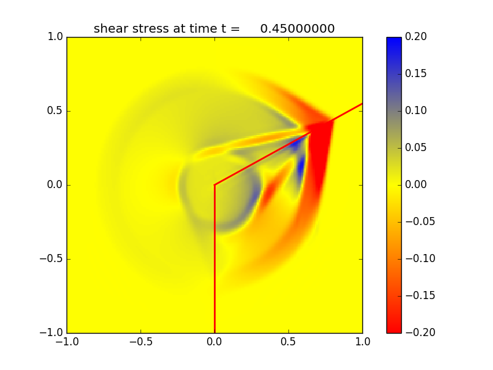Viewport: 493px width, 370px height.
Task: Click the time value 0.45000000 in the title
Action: point(297,29)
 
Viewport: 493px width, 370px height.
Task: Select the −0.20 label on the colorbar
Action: point(420,332)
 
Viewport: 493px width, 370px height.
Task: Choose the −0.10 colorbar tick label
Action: point(420,258)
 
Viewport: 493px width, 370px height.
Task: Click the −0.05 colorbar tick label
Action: point(420,221)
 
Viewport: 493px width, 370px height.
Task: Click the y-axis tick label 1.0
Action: point(55,37)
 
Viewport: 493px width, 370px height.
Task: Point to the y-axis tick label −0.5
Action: point(52,259)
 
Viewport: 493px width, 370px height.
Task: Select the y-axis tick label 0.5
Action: point(55,111)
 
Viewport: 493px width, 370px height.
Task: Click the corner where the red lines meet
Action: point(214,185)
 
